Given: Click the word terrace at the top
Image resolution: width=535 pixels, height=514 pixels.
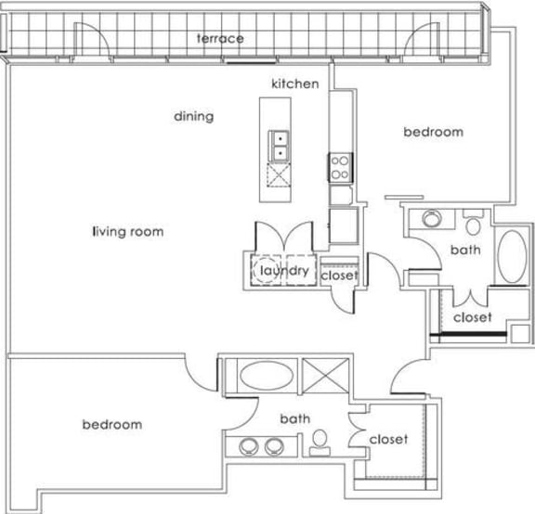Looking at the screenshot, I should [220, 38].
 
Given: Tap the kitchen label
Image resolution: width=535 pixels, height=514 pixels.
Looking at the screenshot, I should [294, 84].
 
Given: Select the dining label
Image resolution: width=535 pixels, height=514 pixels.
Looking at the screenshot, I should [194, 117].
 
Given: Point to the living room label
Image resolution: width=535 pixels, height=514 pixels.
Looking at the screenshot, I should [128, 231].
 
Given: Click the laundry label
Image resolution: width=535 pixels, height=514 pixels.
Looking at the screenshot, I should [283, 271].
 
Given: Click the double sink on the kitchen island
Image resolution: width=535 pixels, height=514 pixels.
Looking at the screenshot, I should [279, 146].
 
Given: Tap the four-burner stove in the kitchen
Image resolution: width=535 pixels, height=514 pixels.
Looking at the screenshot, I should [339, 168].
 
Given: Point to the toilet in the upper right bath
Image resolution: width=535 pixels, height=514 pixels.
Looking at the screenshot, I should [474, 224].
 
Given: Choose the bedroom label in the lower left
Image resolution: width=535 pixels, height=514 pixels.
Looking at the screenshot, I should [112, 425].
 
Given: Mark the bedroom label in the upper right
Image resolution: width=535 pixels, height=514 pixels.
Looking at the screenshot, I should [432, 133].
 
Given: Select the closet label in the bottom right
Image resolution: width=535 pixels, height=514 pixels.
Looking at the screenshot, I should [388, 439].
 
